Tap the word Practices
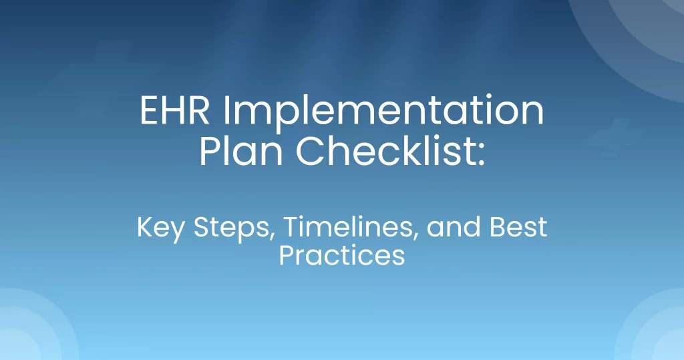(x=342, y=255)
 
